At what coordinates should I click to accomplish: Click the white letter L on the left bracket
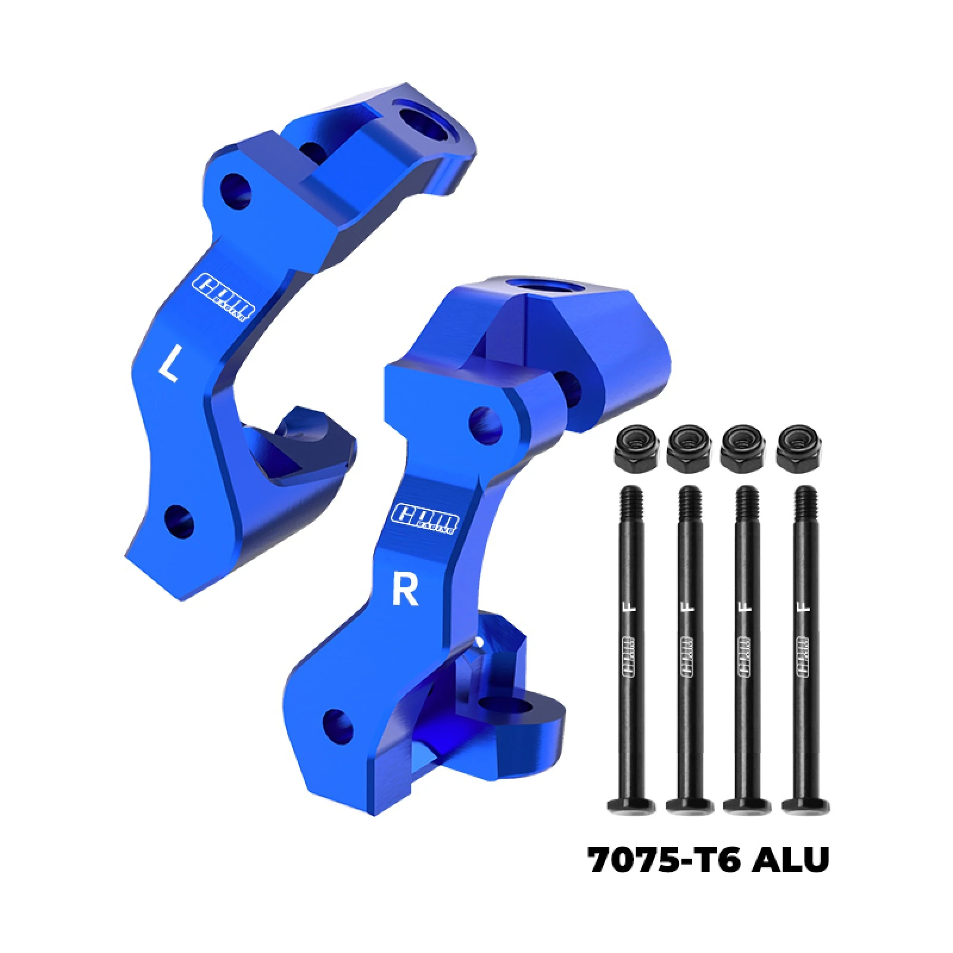169,365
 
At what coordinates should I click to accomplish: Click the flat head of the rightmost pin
805,806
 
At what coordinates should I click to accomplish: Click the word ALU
790,859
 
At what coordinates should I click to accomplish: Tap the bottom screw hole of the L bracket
179,521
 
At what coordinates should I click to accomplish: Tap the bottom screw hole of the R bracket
338,725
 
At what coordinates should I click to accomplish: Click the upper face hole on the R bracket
485,425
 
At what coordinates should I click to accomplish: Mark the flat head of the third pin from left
748,806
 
